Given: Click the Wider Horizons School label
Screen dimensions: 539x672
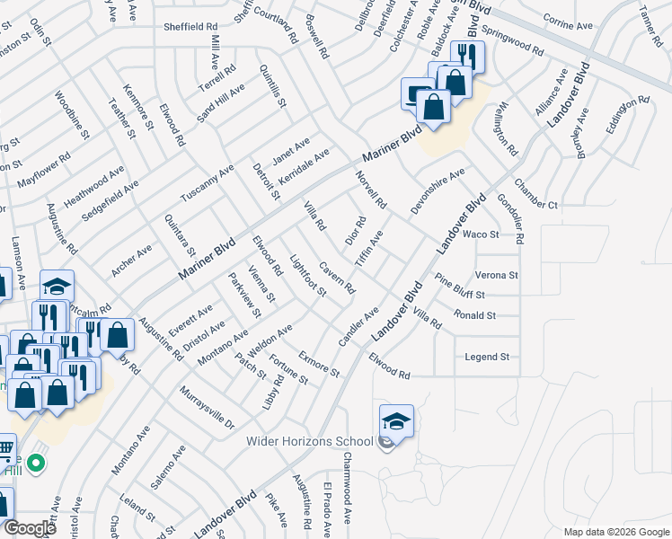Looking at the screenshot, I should point(310,441).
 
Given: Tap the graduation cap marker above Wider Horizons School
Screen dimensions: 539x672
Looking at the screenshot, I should point(396,421).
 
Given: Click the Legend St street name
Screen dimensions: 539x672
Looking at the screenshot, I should point(487,357).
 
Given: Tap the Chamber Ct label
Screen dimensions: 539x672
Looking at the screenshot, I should point(536,205).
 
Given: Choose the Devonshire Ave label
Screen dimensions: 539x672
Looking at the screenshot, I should point(438,186).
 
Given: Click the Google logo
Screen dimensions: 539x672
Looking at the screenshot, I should point(29,527).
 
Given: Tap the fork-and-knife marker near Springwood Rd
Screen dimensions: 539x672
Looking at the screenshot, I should point(466,57).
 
